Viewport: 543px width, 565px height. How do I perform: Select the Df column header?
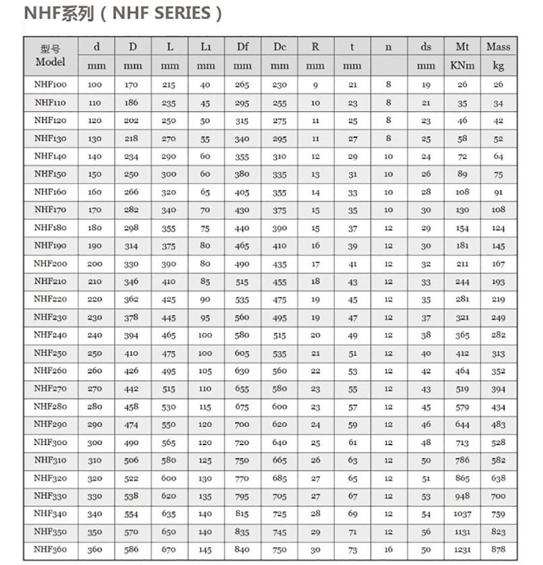pyautogui.click(x=243, y=46)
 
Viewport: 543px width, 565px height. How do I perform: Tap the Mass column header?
pyautogui.click(x=498, y=46)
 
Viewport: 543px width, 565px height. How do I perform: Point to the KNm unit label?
pyautogui.click(x=462, y=66)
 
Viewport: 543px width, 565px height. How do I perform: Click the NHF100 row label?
pyautogui.click(x=50, y=84)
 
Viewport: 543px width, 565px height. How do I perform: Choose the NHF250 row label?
pyautogui.click(x=50, y=352)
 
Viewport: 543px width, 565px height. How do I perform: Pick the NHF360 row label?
pyautogui.click(x=50, y=549)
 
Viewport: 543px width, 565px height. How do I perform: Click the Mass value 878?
pyautogui.click(x=498, y=550)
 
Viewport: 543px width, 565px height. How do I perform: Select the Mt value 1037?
pyautogui.click(x=462, y=514)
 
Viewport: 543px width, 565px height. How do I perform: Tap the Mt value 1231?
pyautogui.click(x=462, y=550)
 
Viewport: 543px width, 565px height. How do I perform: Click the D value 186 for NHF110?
pyautogui.click(x=131, y=103)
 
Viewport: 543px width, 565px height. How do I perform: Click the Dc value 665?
pyautogui.click(x=279, y=460)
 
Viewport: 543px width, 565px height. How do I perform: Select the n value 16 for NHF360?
pyautogui.click(x=388, y=550)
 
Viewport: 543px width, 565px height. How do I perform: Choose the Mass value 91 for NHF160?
pyautogui.click(x=498, y=193)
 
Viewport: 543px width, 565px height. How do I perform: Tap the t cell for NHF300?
pyautogui.click(x=352, y=442)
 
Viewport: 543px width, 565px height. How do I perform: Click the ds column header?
pyautogui.click(x=425, y=46)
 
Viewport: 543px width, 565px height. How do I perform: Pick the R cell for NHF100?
pyautogui.click(x=315, y=85)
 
